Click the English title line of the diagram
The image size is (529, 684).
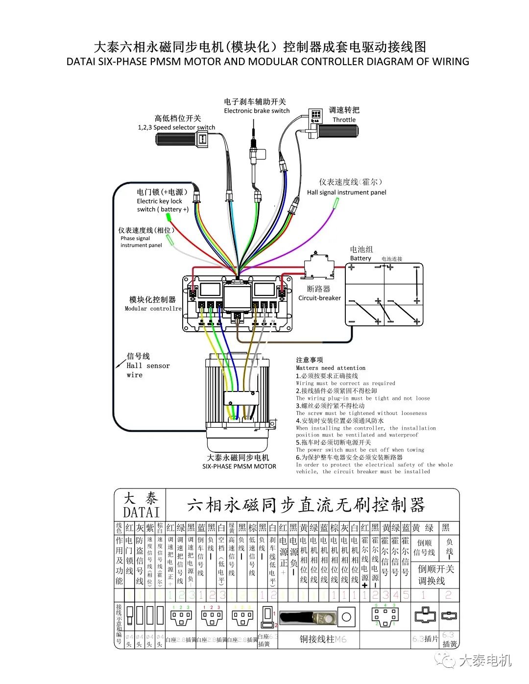coord(267,62)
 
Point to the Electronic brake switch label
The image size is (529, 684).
coord(257,111)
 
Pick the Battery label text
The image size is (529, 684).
coord(361,258)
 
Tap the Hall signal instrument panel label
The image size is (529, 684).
coord(346,193)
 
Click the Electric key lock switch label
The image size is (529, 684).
coord(162,205)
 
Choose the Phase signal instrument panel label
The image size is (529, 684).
coord(141,242)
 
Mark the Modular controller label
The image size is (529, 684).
coord(153,308)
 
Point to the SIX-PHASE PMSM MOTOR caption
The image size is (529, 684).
coord(239,466)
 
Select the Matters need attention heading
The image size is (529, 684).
coord(331,367)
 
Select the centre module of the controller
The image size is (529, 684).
coord(238,294)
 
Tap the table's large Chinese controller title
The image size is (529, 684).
coord(306,505)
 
